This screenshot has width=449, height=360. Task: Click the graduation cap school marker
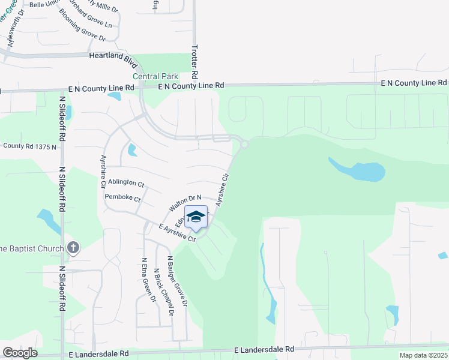point(196,217)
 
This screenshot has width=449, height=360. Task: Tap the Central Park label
point(155,77)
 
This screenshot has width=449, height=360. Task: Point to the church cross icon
point(73,248)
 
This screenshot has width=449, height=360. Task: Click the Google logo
point(20,353)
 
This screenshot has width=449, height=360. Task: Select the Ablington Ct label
point(127,182)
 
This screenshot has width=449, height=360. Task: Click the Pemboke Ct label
point(122,198)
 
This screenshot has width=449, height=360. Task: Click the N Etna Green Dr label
point(149,281)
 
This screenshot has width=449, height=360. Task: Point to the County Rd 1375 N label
point(30,146)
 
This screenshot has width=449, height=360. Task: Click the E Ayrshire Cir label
point(178,233)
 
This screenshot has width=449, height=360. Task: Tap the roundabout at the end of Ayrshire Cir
point(244,144)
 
